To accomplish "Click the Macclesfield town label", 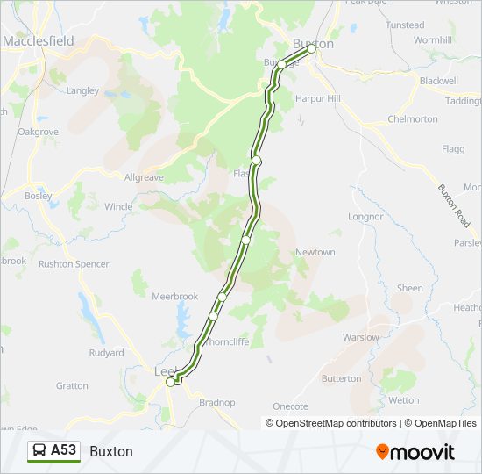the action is (x=38, y=41).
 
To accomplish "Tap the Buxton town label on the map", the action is (x=313, y=43).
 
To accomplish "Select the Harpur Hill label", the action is (x=317, y=98).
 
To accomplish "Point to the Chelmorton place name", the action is (x=412, y=118).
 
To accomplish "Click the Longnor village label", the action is (x=365, y=216).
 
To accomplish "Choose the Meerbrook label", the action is (x=175, y=297).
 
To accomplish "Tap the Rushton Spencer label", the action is (x=74, y=263).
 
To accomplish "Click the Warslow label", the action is (x=360, y=337).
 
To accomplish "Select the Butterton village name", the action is (x=341, y=378).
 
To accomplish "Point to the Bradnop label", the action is (x=217, y=402).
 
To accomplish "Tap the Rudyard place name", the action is (x=106, y=353).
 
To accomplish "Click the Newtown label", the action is (x=315, y=252).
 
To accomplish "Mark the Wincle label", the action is (x=118, y=207).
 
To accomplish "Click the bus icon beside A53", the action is (x=40, y=450).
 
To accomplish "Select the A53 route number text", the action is (x=63, y=450).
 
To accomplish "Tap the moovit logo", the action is (x=415, y=452).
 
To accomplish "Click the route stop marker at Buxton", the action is (x=310, y=49).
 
